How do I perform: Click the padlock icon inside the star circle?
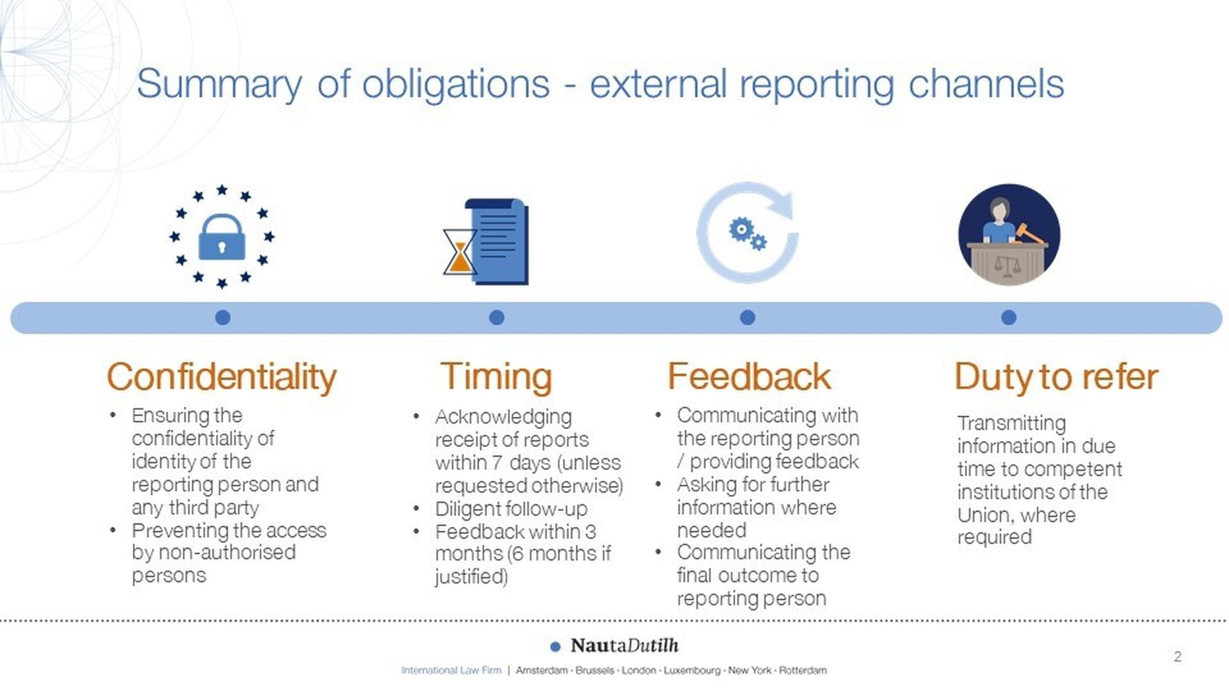(221, 237)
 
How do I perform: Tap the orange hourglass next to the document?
(460, 252)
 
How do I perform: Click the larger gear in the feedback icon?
(741, 229)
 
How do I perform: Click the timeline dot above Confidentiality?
(223, 317)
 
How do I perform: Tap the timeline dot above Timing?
(497, 317)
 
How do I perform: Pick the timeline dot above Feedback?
(748, 317)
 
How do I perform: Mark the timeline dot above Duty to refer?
(1009, 317)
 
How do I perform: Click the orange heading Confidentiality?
(221, 377)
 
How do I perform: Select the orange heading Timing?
(496, 377)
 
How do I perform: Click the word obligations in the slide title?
(456, 84)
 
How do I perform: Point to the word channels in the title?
(986, 84)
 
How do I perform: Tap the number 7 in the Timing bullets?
(497, 463)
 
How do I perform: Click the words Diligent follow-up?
(511, 509)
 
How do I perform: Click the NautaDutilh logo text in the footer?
(624, 645)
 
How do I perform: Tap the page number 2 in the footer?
(1178, 656)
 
